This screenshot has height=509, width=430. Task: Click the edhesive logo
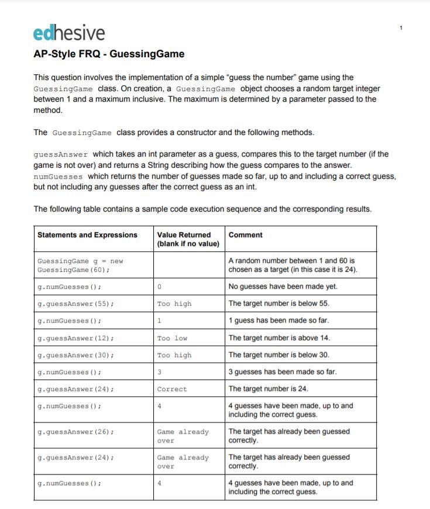[x=69, y=33]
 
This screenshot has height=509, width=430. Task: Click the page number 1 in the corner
[x=401, y=28]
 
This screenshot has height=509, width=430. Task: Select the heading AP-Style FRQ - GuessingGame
[x=109, y=54]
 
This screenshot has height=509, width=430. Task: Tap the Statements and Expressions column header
[x=87, y=235]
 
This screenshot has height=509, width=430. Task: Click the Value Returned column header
[x=188, y=239]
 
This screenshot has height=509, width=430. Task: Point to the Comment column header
[x=245, y=235]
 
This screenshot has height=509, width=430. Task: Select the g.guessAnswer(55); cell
[x=75, y=304]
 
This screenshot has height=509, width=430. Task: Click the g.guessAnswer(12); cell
[x=75, y=338]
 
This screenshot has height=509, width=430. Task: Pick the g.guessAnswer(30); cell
[x=75, y=355]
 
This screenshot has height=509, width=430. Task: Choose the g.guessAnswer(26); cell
[x=75, y=432]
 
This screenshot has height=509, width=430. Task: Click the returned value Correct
[x=172, y=389]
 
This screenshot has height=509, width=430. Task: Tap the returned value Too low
[x=172, y=338]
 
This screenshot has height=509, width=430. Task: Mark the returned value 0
[x=159, y=287]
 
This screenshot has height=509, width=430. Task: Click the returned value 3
[x=159, y=372]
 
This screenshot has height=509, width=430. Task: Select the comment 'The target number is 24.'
[x=268, y=389]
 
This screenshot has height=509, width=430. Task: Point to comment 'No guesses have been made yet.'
[x=283, y=287]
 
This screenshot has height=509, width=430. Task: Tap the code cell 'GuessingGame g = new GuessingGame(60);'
[x=80, y=265]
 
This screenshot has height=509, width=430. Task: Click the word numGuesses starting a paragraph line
[x=58, y=176]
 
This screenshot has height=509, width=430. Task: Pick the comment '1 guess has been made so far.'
[x=278, y=321]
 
